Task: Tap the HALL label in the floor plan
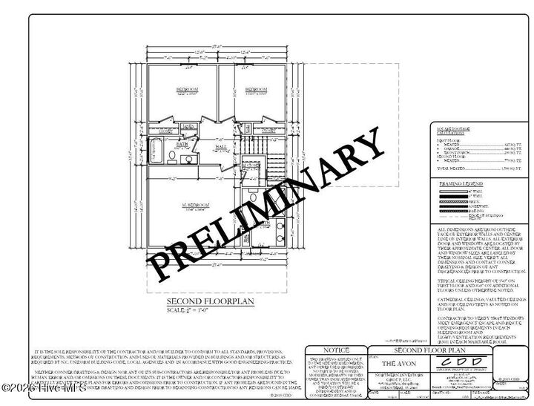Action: pos(220,147)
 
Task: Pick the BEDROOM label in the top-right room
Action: pos(257,89)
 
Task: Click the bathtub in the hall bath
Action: pos(157,151)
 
